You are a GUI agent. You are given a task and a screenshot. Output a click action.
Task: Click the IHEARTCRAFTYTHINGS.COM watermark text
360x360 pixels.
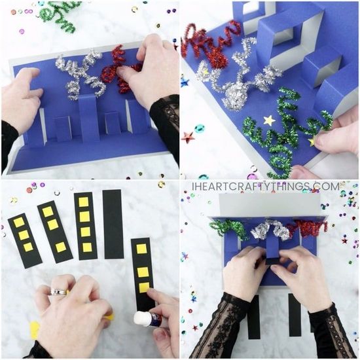click(x=266, y=187)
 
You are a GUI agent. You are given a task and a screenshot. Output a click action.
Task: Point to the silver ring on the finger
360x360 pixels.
click(x=59, y=292)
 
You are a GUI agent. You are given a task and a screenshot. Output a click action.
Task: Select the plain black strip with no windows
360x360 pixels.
click(x=113, y=225)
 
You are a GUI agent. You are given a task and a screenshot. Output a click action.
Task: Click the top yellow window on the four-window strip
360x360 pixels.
click(x=84, y=202)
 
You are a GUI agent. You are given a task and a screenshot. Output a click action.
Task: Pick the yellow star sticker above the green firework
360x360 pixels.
click(x=269, y=120)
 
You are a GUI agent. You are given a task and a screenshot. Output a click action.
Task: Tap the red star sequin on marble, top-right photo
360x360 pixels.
click(x=189, y=137)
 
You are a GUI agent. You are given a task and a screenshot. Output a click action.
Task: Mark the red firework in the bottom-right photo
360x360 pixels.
click(x=308, y=227)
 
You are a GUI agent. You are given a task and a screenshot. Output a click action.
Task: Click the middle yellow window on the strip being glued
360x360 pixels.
click(x=143, y=272)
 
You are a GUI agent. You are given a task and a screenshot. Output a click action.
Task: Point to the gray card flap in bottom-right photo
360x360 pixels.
click(x=270, y=205)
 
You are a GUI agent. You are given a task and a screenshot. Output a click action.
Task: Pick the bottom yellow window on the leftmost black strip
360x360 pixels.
click(x=28, y=247)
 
